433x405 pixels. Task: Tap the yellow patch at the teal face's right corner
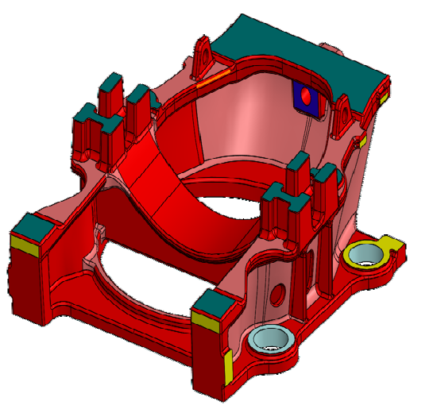point(383,99)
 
